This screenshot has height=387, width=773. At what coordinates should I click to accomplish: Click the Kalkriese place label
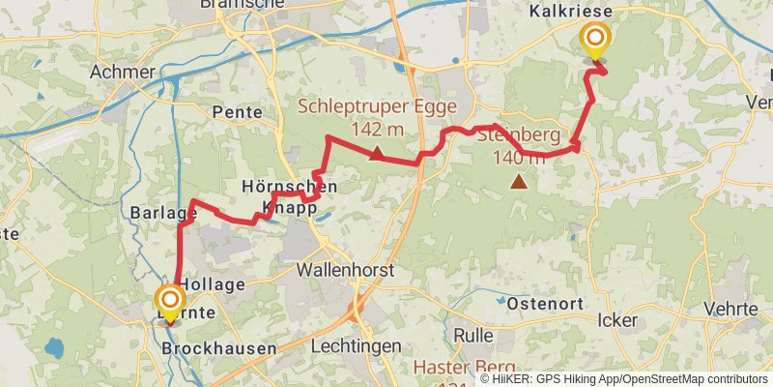[566, 11]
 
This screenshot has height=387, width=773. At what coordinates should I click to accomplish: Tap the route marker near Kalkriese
[595, 41]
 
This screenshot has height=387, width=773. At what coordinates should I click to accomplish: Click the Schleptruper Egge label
[350, 105]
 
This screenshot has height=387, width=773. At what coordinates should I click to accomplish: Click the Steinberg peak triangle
[519, 181]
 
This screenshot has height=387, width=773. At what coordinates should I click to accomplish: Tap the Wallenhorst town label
[345, 270]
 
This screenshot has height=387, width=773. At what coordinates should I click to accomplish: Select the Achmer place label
[122, 72]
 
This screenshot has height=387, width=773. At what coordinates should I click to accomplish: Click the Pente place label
[238, 112]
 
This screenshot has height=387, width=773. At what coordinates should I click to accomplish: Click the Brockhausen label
[219, 347]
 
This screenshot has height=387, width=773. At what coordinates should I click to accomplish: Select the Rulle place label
[473, 336]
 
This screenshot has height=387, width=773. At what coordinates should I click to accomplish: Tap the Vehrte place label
[731, 309]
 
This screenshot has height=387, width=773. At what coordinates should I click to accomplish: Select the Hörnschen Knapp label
[289, 196]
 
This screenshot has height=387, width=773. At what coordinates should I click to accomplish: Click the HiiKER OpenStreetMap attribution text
[623, 379]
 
